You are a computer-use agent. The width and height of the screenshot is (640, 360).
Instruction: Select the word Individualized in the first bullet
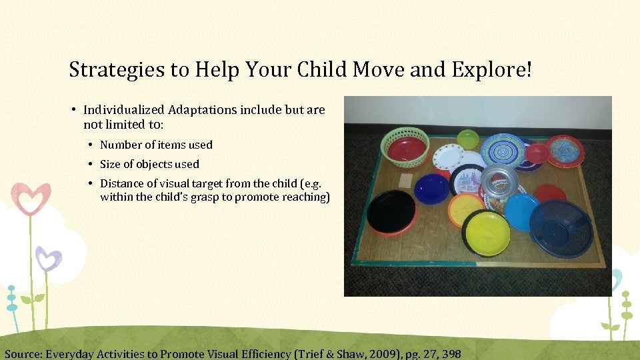(x=124, y=109)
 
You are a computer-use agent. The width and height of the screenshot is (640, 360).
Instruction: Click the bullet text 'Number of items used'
(x=156, y=145)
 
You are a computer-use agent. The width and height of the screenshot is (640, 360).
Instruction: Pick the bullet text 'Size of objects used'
(x=149, y=164)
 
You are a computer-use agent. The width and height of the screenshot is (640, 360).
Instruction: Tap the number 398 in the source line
(x=451, y=353)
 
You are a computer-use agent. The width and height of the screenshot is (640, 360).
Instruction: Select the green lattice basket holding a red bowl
(x=405, y=146)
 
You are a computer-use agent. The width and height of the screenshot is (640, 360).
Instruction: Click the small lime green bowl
(x=467, y=139)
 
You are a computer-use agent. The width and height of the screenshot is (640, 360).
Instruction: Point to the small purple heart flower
(x=48, y=259)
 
